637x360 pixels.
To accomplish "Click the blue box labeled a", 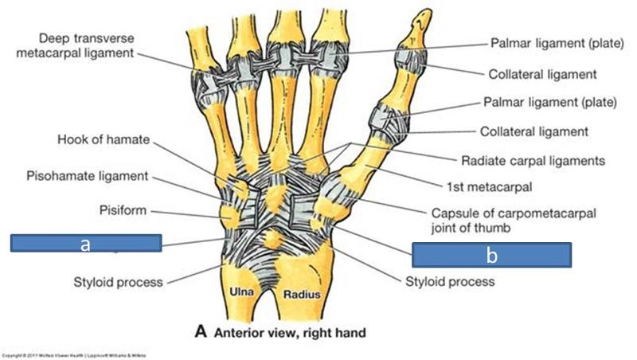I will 86,244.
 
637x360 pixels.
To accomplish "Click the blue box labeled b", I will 490,255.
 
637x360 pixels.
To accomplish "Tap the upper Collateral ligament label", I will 541,73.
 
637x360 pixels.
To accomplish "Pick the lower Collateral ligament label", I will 533,131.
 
